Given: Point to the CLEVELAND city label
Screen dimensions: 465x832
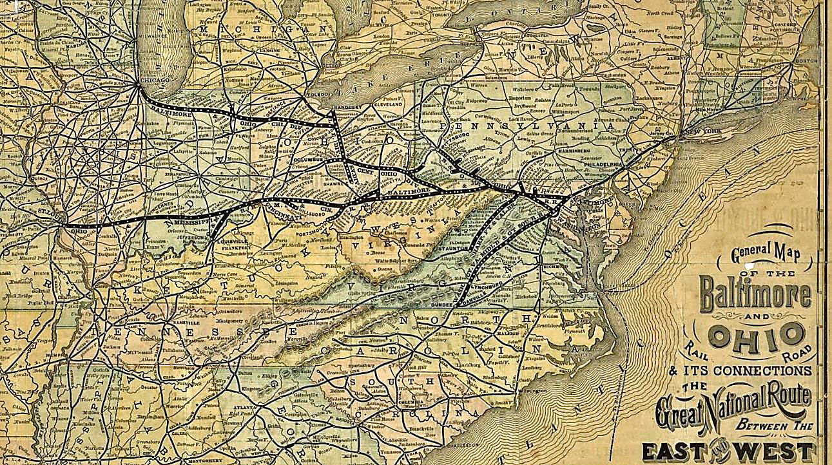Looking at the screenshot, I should (387, 104).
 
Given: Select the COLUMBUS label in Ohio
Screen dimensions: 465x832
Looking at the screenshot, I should (308, 159).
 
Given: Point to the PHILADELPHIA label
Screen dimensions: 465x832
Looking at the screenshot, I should (604, 164).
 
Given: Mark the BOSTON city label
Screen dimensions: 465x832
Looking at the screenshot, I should (806, 61).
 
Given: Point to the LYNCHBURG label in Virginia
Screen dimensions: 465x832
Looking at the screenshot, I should (485, 282).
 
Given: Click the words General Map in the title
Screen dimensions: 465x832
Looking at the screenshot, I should (765, 252).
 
